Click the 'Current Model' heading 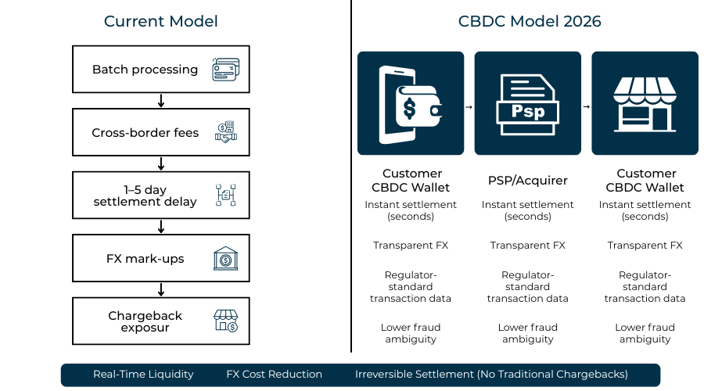click(x=160, y=21)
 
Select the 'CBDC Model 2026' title click(x=530, y=21)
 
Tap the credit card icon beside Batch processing click(x=225, y=70)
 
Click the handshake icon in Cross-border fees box click(x=225, y=133)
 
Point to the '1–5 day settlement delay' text click(x=145, y=195)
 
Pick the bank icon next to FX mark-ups click(x=225, y=259)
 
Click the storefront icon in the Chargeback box click(x=225, y=321)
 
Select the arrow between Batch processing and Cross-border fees click(x=160, y=101)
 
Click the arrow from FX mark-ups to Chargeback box click(x=160, y=289)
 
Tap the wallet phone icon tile click(x=411, y=103)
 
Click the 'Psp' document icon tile click(x=528, y=103)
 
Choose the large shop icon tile click(x=645, y=103)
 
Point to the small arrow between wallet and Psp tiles click(x=469, y=106)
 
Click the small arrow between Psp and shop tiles click(x=587, y=106)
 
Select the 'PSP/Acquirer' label click(x=528, y=181)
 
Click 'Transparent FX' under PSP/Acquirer click(x=528, y=246)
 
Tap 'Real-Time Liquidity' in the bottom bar click(x=143, y=375)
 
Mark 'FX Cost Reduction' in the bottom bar click(x=274, y=375)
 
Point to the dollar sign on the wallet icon click(x=409, y=109)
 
